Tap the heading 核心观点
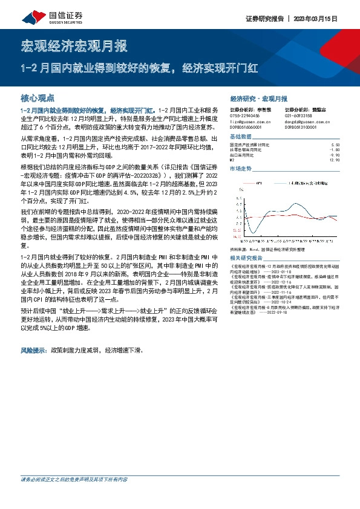[38, 97]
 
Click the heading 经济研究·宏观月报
[258, 98]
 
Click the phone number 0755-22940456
[245, 115]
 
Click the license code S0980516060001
[246, 128]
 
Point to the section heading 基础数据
[240, 137]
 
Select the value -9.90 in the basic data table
[336, 155]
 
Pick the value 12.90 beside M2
[336, 160]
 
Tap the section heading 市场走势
[240, 169]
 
